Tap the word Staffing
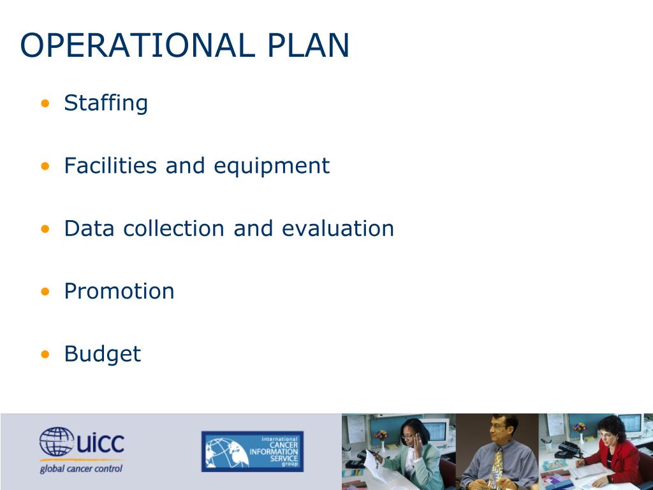[106, 103]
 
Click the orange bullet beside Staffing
[45, 103]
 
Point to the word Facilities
[110, 166]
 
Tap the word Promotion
[119, 292]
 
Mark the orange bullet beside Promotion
[45, 292]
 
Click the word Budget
[102, 354]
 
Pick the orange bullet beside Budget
[45, 354]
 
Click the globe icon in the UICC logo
[56, 442]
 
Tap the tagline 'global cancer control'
[80, 470]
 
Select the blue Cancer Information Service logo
[253, 451]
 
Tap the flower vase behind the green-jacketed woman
[381, 438]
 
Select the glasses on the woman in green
[409, 437]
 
